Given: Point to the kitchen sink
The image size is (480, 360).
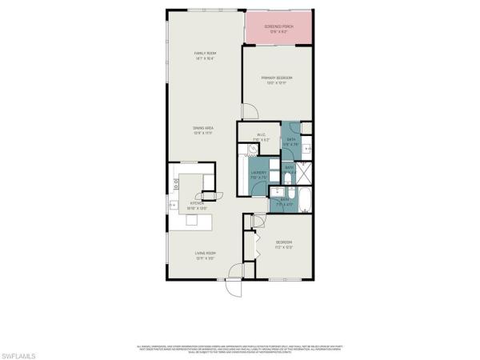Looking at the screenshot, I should click(x=174, y=206).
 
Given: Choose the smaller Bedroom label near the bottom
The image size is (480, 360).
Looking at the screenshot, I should click(x=284, y=245).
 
